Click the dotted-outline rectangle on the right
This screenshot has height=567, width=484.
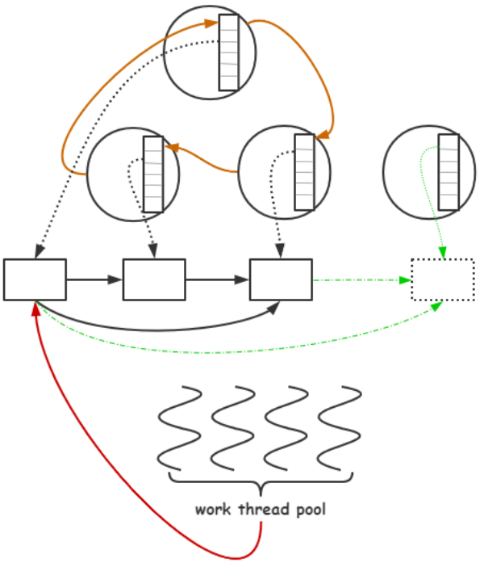[442, 279]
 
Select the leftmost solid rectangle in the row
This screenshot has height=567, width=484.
[35, 279]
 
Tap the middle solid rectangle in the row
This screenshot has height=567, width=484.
[154, 279]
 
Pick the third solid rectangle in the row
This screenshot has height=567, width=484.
[281, 279]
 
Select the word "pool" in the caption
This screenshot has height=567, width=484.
[309, 510]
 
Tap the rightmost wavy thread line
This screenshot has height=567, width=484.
[340, 428]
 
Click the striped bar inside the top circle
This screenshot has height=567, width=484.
[229, 52]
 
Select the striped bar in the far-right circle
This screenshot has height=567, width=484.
[449, 173]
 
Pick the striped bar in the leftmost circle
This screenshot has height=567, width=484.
[152, 174]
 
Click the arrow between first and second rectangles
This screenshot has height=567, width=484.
[94, 280]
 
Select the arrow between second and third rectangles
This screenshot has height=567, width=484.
[217, 280]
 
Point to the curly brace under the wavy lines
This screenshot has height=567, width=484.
[261, 485]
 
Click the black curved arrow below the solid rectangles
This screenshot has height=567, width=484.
[161, 328]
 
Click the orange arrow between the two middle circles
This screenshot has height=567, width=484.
[206, 157]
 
